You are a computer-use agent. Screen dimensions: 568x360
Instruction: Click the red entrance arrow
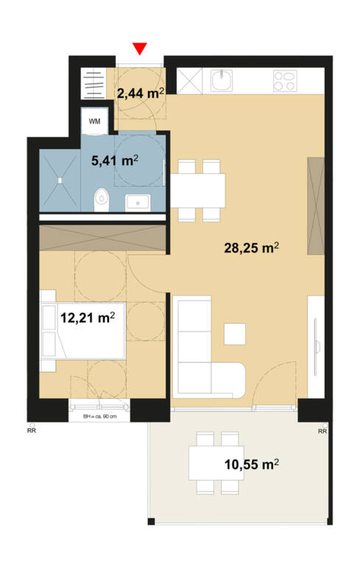click(140, 49)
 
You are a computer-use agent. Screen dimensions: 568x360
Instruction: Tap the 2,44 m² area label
click(140, 92)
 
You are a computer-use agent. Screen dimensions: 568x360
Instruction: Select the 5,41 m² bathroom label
click(115, 160)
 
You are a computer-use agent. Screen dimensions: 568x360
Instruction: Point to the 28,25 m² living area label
click(251, 248)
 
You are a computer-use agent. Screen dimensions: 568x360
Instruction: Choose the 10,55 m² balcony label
click(251, 464)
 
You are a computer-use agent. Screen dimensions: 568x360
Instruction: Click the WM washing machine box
click(96, 121)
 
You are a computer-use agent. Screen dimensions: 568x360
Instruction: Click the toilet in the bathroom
click(102, 197)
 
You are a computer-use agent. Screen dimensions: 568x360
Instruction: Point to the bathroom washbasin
click(138, 200)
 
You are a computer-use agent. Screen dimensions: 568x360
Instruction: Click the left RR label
click(32, 431)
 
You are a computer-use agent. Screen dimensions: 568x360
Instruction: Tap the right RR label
click(322, 431)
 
